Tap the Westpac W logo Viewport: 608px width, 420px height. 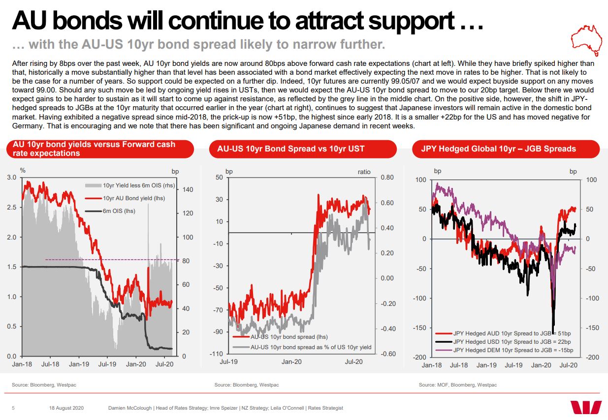(586, 407)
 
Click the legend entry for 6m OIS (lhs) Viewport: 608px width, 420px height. (119, 211)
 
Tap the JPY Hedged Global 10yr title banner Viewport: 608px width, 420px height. (498, 149)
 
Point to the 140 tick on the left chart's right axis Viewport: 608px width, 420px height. (188, 190)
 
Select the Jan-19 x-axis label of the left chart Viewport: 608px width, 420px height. (79, 364)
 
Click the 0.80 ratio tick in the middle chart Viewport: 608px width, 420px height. (387, 178)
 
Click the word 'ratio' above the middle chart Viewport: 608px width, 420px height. (364, 172)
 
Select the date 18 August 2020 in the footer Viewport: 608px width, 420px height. (67, 408)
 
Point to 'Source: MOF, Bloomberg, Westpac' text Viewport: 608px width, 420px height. (457, 385)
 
